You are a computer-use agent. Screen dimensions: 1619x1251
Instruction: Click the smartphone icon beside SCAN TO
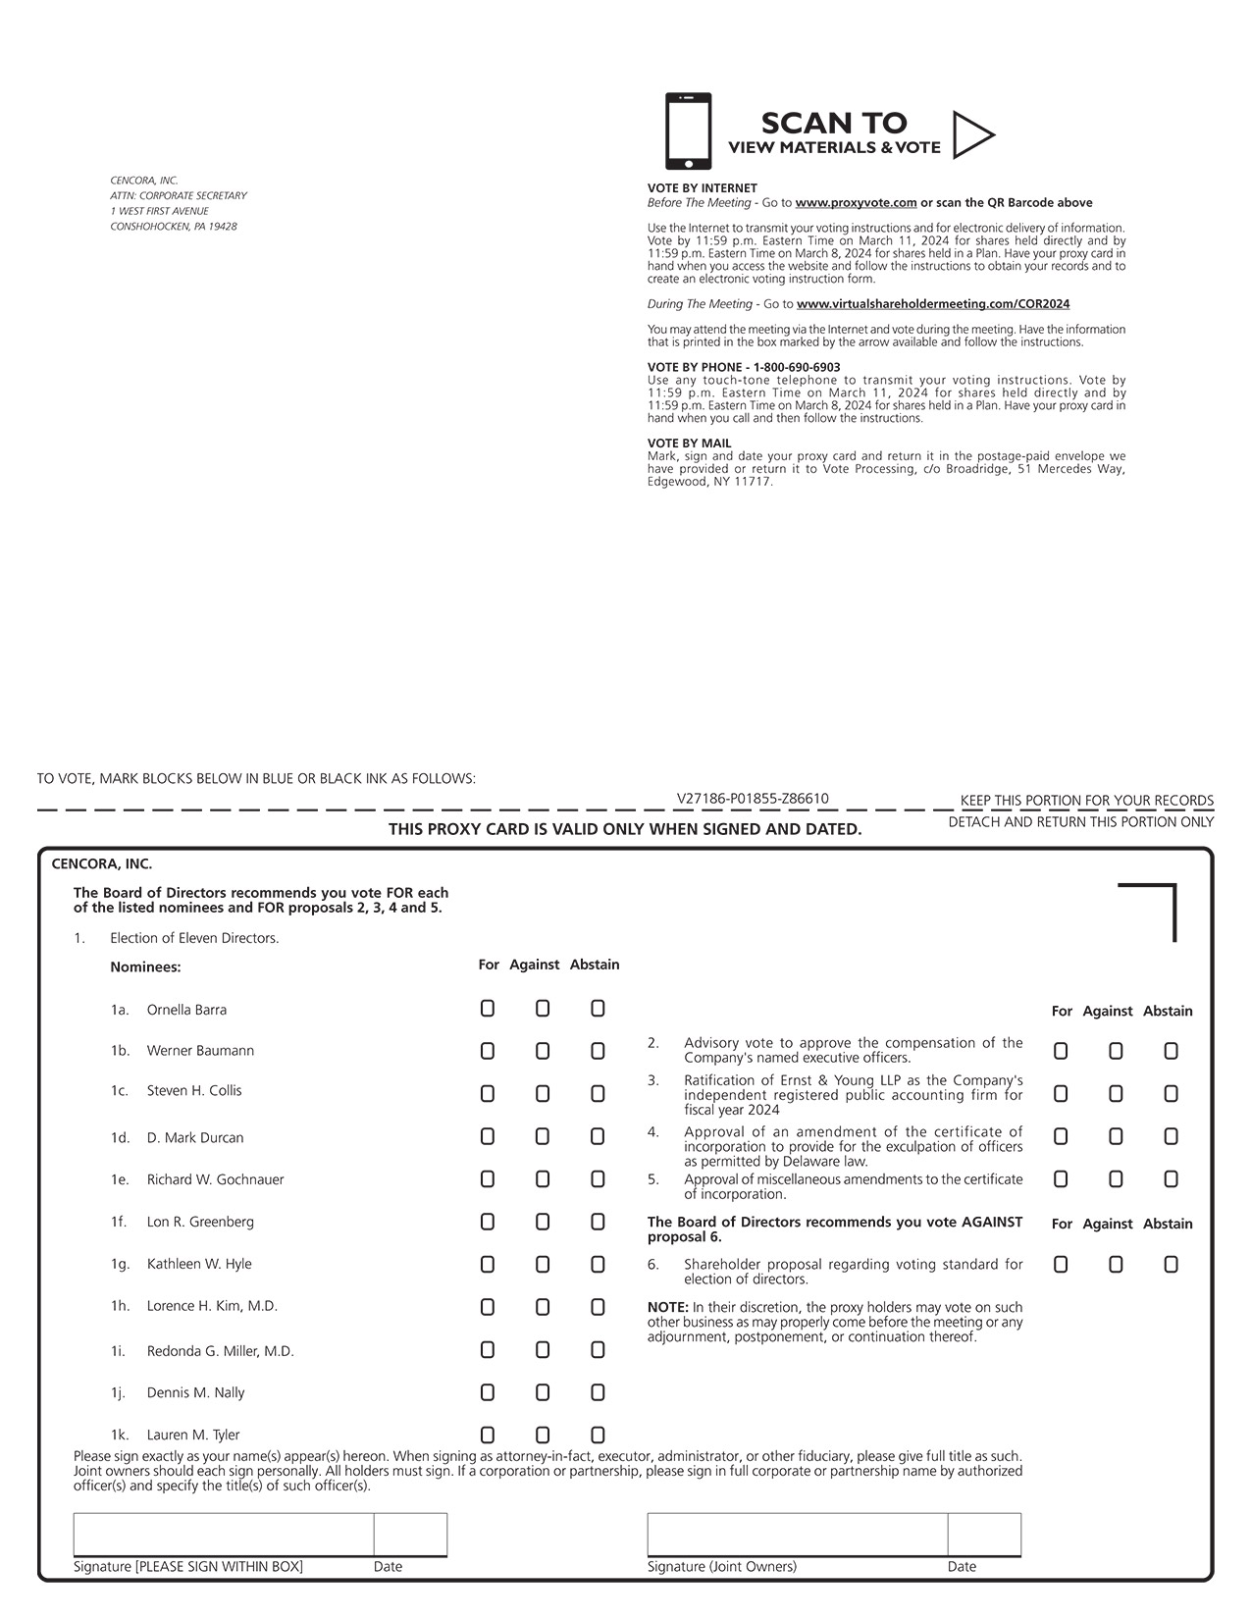[x=688, y=131]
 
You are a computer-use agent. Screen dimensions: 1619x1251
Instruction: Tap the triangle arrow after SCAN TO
[x=971, y=134]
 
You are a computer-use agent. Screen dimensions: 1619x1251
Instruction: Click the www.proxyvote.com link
[x=856, y=203]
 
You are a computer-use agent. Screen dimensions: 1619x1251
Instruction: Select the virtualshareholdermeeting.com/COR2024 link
[x=932, y=304]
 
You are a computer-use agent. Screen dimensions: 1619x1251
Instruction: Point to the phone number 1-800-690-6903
[x=797, y=367]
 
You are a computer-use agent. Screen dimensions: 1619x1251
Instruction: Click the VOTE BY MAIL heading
[x=689, y=444]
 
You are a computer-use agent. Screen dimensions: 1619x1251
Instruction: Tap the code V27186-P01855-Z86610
[x=753, y=799]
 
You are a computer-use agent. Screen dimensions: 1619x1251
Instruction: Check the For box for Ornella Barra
[x=488, y=1009]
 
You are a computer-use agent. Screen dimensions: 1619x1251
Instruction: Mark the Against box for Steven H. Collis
[x=543, y=1093]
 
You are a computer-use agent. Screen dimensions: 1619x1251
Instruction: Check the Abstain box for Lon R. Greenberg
[x=598, y=1222]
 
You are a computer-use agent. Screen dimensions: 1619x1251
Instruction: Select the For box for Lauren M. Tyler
[x=488, y=1435]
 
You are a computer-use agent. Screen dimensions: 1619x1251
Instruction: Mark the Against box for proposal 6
[x=1116, y=1265]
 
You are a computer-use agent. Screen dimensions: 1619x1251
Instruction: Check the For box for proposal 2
[x=1061, y=1051]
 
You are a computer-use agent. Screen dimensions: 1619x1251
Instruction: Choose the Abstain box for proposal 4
[x=1171, y=1136]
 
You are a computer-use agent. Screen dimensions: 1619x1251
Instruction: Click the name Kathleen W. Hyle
[x=199, y=1264]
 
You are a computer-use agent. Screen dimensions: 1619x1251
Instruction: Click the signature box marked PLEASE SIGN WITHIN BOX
[x=224, y=1535]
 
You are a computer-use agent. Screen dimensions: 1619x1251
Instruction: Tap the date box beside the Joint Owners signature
[x=984, y=1535]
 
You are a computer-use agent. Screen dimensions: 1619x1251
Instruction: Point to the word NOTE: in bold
[x=668, y=1307]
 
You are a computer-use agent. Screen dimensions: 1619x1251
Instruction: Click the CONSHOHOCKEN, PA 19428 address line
[x=174, y=227]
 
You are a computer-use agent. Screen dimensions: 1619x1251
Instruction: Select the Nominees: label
[x=145, y=966]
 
